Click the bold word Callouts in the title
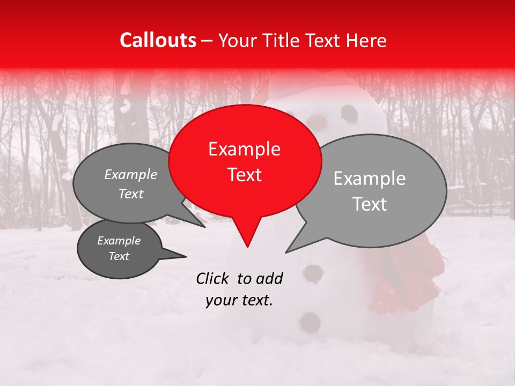point(158,40)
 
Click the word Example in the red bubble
point(244,149)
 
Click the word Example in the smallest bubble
point(119,241)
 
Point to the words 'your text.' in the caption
point(239,300)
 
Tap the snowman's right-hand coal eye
point(349,113)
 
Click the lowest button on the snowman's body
point(310,322)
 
